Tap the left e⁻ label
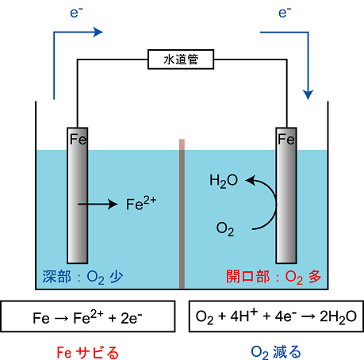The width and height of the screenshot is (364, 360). tap(76, 13)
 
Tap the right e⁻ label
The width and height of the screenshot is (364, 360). tap(285, 13)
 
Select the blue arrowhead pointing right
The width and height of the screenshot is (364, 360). tap(98, 33)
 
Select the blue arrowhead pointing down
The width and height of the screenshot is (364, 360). tap(308, 95)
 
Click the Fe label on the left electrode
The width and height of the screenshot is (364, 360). tap(79, 140)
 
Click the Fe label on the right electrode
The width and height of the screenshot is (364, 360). tap(286, 140)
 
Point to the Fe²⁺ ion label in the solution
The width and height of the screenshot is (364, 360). tap(141, 203)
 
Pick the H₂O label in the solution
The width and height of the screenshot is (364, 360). tap(224, 182)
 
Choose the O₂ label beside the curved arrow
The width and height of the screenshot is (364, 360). tap(225, 229)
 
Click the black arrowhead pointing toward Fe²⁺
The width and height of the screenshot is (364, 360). tap(113, 204)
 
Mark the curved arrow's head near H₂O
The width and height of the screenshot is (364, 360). tap(251, 180)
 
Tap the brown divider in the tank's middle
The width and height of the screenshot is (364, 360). tap(182, 214)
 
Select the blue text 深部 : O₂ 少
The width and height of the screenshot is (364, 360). tap(82, 278)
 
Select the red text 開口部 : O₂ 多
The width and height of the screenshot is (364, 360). tap(274, 278)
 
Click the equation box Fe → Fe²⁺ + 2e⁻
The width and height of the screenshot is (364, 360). tap(88, 316)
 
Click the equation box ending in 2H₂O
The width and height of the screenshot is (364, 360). tap(276, 316)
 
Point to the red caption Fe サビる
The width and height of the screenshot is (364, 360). tap(88, 353)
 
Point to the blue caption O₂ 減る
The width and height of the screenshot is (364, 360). tap(276, 352)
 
